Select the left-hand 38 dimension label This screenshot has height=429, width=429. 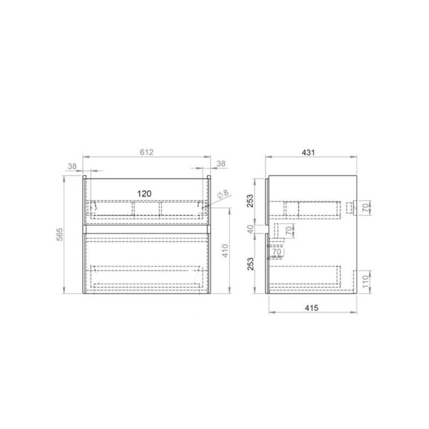[x=72, y=165]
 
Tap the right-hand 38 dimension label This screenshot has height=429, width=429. [x=221, y=163]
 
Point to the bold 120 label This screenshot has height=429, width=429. [x=144, y=194]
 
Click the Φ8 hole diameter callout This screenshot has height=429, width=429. [x=223, y=194]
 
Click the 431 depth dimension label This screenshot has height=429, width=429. [x=309, y=152]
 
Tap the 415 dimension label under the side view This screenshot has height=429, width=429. [x=311, y=308]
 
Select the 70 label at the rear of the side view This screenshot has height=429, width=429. [x=364, y=208]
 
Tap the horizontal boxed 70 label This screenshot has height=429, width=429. [x=277, y=253]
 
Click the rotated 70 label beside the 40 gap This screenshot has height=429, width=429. [x=288, y=231]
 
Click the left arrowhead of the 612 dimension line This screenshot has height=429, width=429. [x=84, y=157]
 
